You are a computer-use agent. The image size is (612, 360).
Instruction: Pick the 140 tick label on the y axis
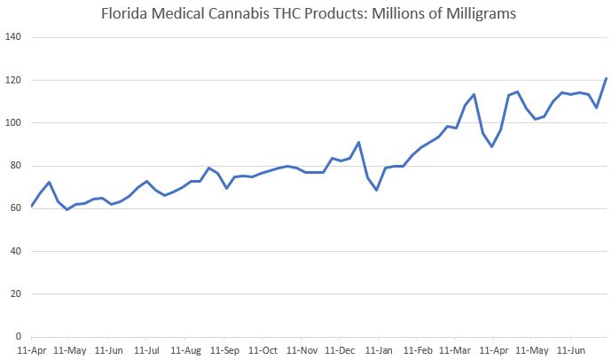coord(14,38)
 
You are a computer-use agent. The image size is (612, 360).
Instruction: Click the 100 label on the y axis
coord(14,123)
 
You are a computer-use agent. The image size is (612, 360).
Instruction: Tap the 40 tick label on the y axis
coord(17,252)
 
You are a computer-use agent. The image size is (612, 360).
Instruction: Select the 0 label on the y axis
coord(20,337)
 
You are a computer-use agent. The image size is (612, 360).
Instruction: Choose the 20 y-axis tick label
coord(17,294)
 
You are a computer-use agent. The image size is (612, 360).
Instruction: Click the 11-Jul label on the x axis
coord(146,350)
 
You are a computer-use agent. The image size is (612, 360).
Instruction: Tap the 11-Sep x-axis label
coord(224,350)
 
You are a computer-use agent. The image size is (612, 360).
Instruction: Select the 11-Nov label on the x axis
coord(301,350)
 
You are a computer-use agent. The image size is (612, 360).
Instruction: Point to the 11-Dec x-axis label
coord(340,350)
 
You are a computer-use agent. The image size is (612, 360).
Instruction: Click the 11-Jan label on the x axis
coord(379,350)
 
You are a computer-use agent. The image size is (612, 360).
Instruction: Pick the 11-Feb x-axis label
coord(418,350)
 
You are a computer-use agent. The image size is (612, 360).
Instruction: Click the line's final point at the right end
coord(606,79)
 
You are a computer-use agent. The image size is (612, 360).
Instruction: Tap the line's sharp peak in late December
coord(358,143)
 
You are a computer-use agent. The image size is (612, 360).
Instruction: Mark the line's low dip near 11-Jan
coord(376,190)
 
